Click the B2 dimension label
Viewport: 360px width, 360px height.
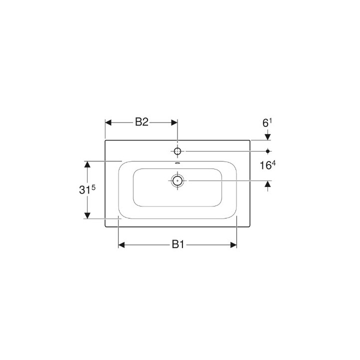click(141, 122)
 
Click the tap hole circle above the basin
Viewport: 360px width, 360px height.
click(177, 150)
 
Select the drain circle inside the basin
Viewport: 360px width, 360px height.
click(177, 180)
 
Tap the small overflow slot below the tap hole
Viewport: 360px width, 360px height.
click(177, 162)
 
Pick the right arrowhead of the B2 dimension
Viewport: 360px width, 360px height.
click(173, 122)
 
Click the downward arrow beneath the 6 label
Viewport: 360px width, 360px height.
click(268, 136)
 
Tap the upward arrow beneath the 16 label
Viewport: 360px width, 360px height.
click(268, 184)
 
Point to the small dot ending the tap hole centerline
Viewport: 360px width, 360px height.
click(268, 150)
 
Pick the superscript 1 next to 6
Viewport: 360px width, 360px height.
click(270, 119)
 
